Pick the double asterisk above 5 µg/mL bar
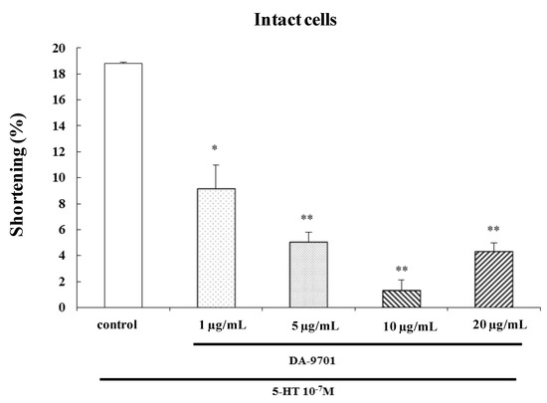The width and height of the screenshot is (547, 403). (308, 218)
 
